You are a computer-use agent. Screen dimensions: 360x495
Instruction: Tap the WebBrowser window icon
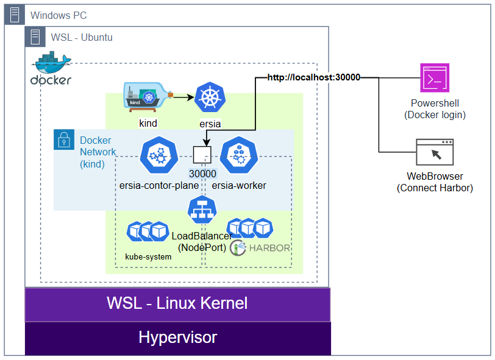(x=435, y=152)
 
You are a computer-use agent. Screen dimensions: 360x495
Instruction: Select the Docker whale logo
(x=52, y=68)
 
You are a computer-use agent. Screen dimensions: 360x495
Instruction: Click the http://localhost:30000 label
(x=313, y=77)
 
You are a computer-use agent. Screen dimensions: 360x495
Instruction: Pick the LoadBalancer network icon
(x=202, y=211)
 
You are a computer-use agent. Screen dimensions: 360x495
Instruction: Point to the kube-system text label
(x=148, y=257)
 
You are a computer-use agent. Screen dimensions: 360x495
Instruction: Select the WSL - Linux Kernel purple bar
(x=177, y=304)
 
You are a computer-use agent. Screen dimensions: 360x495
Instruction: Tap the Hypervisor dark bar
(x=177, y=338)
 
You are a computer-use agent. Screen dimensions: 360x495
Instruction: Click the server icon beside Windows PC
(x=15, y=15)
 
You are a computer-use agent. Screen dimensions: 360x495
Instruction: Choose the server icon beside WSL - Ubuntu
(x=35, y=37)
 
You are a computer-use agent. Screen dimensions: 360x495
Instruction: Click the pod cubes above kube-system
(x=147, y=231)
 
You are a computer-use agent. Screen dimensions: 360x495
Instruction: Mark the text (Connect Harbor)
(x=435, y=188)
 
